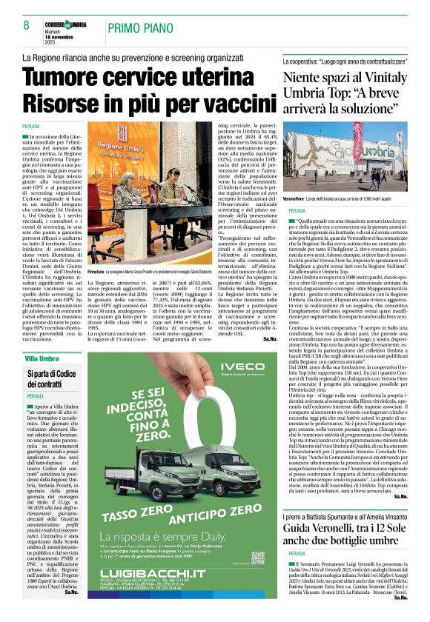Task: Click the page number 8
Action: [26, 25]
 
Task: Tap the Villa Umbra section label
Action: [42, 358]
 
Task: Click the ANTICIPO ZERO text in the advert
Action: [222, 514]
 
